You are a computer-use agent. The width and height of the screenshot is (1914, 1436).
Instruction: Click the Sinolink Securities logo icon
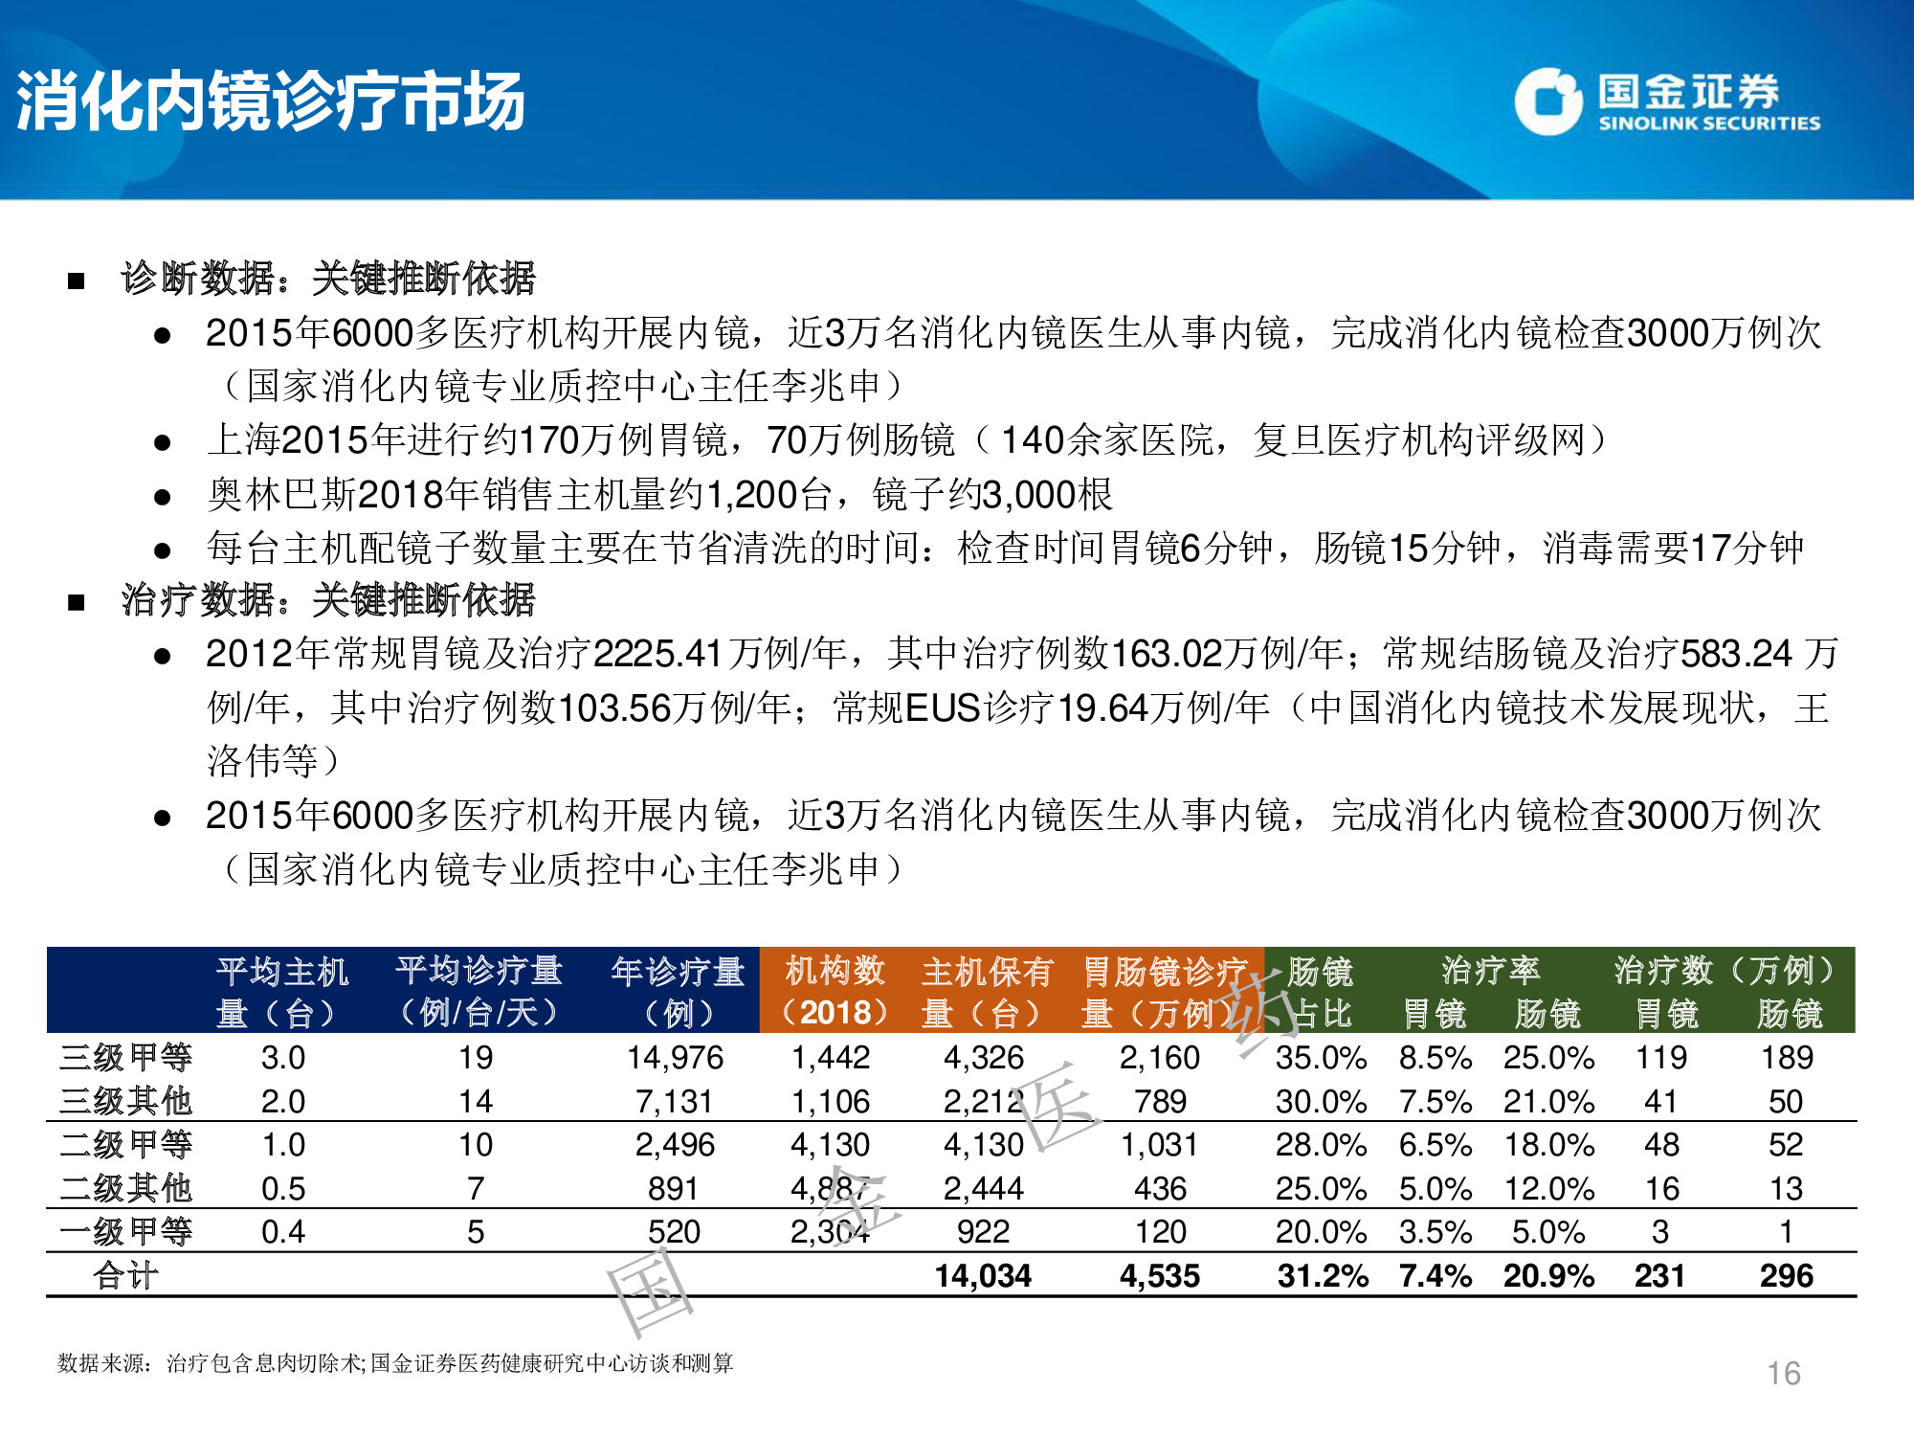pyautogui.click(x=1547, y=101)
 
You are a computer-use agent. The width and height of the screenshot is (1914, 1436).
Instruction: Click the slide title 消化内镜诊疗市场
pyautogui.click(x=271, y=101)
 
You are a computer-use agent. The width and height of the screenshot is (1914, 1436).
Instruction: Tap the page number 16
pyautogui.click(x=1784, y=1374)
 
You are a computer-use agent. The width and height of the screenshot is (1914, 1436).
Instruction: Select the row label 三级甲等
pyautogui.click(x=125, y=1058)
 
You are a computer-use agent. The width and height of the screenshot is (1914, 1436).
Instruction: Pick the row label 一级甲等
pyautogui.click(x=125, y=1232)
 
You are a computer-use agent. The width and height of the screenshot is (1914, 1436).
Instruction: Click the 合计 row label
pyautogui.click(x=125, y=1276)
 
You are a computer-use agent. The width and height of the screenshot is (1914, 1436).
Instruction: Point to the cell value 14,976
pyautogui.click(x=675, y=1058)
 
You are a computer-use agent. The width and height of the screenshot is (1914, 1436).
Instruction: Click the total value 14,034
pyautogui.click(x=983, y=1276)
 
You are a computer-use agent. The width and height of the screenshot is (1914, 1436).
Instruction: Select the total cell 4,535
pyautogui.click(x=1160, y=1276)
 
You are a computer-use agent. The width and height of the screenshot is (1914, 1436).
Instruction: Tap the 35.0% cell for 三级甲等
pyautogui.click(x=1321, y=1058)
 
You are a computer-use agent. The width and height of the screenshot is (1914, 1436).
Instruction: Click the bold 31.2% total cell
pyautogui.click(x=1323, y=1276)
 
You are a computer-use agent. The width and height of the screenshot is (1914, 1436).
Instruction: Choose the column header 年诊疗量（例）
pyautogui.click(x=678, y=991)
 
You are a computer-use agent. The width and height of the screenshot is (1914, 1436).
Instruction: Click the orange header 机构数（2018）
pyautogui.click(x=835, y=991)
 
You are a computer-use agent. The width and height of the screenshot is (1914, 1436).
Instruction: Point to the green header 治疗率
pyautogui.click(x=1491, y=971)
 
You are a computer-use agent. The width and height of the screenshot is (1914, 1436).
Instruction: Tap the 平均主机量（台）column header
pyautogui.click(x=282, y=991)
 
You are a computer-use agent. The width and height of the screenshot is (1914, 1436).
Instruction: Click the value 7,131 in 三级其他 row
pyautogui.click(x=675, y=1102)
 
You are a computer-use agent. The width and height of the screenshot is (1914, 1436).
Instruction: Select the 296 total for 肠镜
pyautogui.click(x=1786, y=1276)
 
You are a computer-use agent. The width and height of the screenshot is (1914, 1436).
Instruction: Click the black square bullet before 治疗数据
pyautogui.click(x=77, y=603)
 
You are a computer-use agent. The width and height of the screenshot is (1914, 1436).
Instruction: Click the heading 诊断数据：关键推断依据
pyautogui.click(x=328, y=279)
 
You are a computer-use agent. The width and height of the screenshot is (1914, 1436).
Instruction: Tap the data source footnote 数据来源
pyautogui.click(x=395, y=1362)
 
